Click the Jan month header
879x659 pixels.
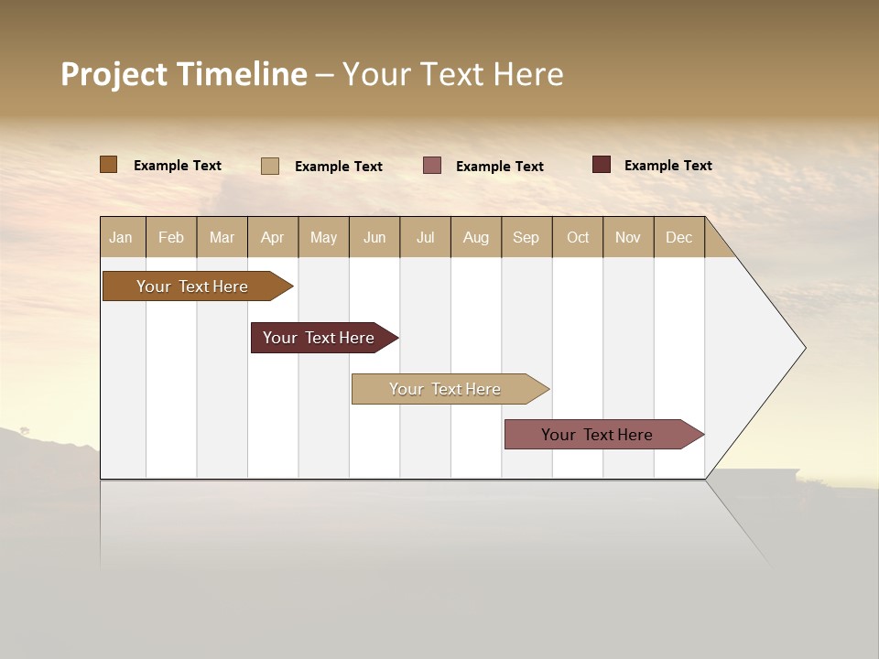(121, 237)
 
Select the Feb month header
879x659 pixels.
(171, 237)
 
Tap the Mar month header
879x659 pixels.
(222, 237)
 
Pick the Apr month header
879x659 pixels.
(272, 237)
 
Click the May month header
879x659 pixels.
(323, 237)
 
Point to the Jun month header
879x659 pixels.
(374, 237)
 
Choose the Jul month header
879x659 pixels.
(425, 237)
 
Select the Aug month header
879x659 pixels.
(476, 237)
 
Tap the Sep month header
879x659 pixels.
(526, 237)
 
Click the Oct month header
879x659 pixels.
(578, 237)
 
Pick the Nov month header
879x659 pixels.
(628, 237)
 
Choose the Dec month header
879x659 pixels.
(679, 237)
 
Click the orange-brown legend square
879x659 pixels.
(109, 165)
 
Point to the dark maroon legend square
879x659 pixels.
(601, 165)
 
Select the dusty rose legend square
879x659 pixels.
(432, 166)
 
